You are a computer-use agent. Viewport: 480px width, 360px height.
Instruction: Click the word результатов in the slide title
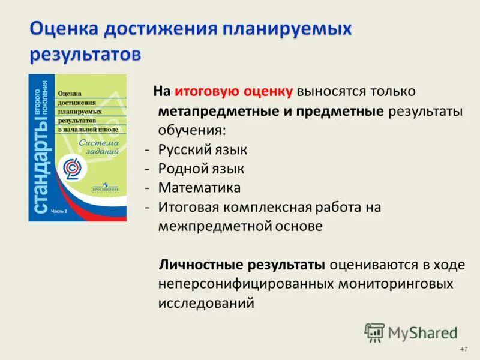(86, 53)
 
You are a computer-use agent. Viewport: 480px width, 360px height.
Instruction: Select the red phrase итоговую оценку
(234, 91)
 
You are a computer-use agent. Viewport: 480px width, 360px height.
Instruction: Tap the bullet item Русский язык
(203, 149)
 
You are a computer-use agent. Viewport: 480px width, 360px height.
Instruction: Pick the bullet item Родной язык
(201, 169)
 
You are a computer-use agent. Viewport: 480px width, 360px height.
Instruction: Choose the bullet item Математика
(200, 188)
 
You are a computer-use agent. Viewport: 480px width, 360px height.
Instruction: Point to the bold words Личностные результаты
(242, 265)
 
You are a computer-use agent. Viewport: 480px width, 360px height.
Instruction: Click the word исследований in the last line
(206, 303)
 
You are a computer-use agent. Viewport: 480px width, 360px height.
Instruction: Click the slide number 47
(463, 349)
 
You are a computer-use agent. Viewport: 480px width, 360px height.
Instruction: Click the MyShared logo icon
(375, 332)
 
